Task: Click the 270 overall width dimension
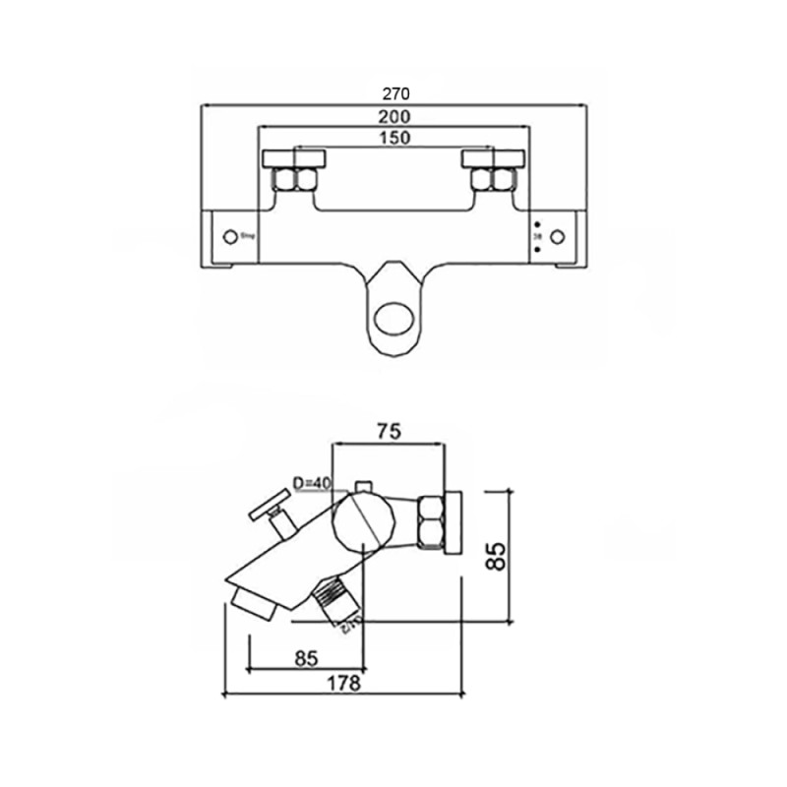pyautogui.click(x=393, y=94)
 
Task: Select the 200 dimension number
pyautogui.click(x=393, y=117)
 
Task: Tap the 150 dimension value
pyautogui.click(x=393, y=138)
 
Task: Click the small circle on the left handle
pyautogui.click(x=231, y=237)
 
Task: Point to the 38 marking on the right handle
pyautogui.click(x=536, y=237)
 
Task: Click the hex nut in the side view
pyautogui.click(x=431, y=521)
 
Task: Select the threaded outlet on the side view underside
pyautogui.click(x=334, y=602)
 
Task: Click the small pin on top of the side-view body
pyautogui.click(x=365, y=484)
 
